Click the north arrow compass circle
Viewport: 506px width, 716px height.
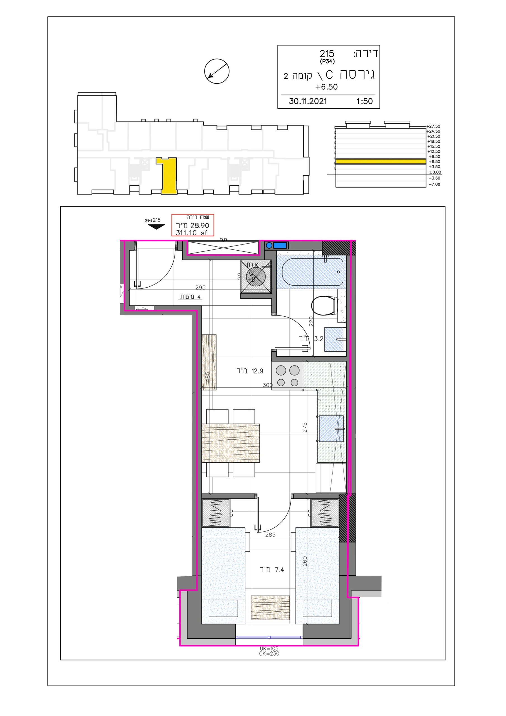217,71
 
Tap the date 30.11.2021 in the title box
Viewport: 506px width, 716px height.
308,101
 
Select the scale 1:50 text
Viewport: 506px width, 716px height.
364,101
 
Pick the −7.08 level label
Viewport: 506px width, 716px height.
435,184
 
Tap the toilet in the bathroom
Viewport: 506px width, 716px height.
324,306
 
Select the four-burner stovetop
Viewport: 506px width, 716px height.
287,376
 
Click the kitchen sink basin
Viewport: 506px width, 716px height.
331,428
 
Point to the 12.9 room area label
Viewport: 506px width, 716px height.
250,371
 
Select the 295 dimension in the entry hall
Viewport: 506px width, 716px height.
201,288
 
